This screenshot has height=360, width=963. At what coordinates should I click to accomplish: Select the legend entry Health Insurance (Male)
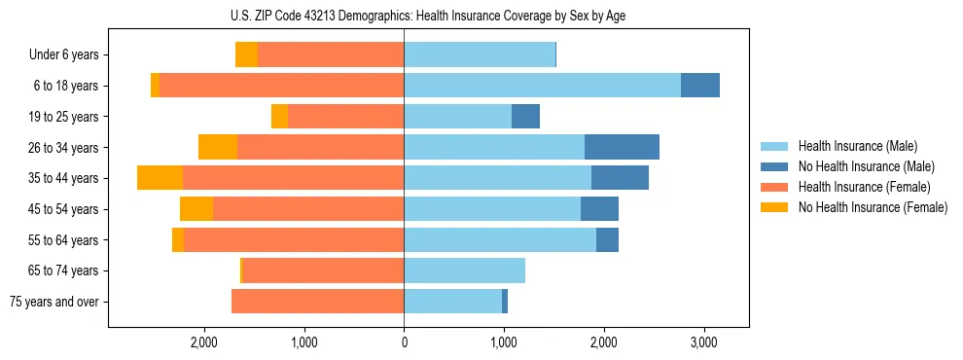(857, 146)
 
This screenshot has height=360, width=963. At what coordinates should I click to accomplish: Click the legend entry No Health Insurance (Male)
(865, 166)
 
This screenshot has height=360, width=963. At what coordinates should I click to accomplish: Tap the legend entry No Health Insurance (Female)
(872, 207)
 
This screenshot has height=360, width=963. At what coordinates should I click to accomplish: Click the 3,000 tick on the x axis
(703, 342)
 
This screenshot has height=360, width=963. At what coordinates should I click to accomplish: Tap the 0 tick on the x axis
(404, 342)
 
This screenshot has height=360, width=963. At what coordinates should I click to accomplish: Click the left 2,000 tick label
(203, 342)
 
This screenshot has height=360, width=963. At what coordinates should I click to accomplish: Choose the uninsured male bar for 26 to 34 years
(622, 147)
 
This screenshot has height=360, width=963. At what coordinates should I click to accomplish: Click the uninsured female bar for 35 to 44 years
(160, 178)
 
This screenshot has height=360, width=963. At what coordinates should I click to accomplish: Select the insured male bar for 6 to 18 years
(542, 86)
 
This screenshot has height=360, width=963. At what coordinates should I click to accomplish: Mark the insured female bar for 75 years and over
(317, 302)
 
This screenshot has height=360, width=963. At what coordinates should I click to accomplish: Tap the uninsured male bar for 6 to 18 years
(700, 86)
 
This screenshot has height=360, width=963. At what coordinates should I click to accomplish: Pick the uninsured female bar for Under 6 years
(246, 55)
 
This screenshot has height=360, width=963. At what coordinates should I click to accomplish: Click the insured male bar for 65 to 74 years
(464, 270)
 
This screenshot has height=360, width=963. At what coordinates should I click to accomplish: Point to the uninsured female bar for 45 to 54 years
(196, 209)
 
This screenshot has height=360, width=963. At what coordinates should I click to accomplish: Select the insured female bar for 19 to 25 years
(345, 117)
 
